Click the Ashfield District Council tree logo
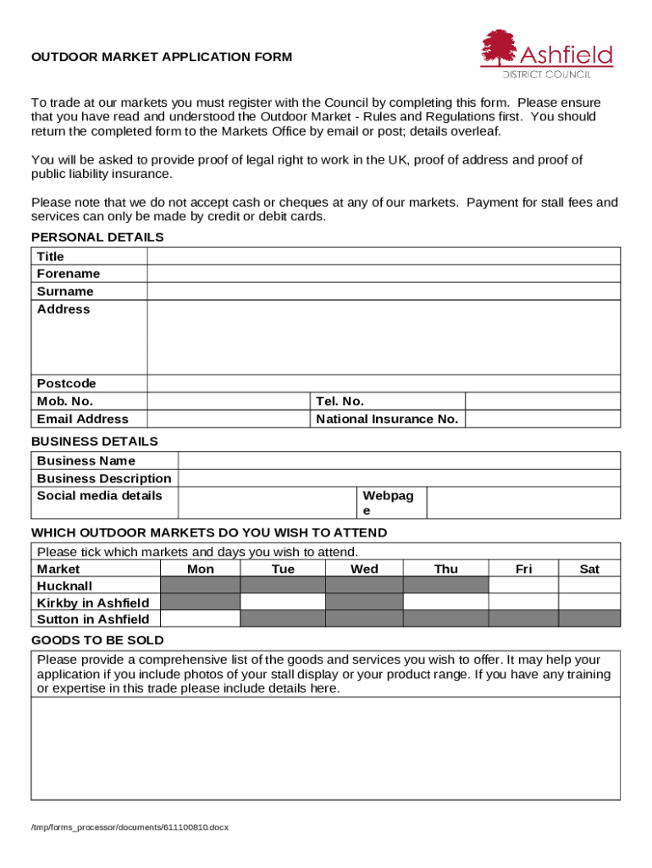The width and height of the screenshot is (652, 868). (x=499, y=49)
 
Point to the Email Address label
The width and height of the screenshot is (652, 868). (x=83, y=419)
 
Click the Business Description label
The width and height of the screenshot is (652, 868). (x=104, y=478)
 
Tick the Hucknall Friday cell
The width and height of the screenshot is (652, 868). (x=523, y=585)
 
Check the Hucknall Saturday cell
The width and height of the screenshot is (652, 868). (x=588, y=585)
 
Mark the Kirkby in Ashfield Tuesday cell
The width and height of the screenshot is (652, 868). (x=282, y=602)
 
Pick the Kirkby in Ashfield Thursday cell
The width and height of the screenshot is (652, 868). (x=445, y=602)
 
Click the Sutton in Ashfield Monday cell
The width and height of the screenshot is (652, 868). (x=200, y=619)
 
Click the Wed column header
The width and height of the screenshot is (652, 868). (x=364, y=569)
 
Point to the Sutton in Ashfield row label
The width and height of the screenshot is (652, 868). (x=93, y=619)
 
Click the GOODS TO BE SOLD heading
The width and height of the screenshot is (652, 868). (x=97, y=640)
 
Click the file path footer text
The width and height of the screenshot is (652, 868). (x=130, y=826)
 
